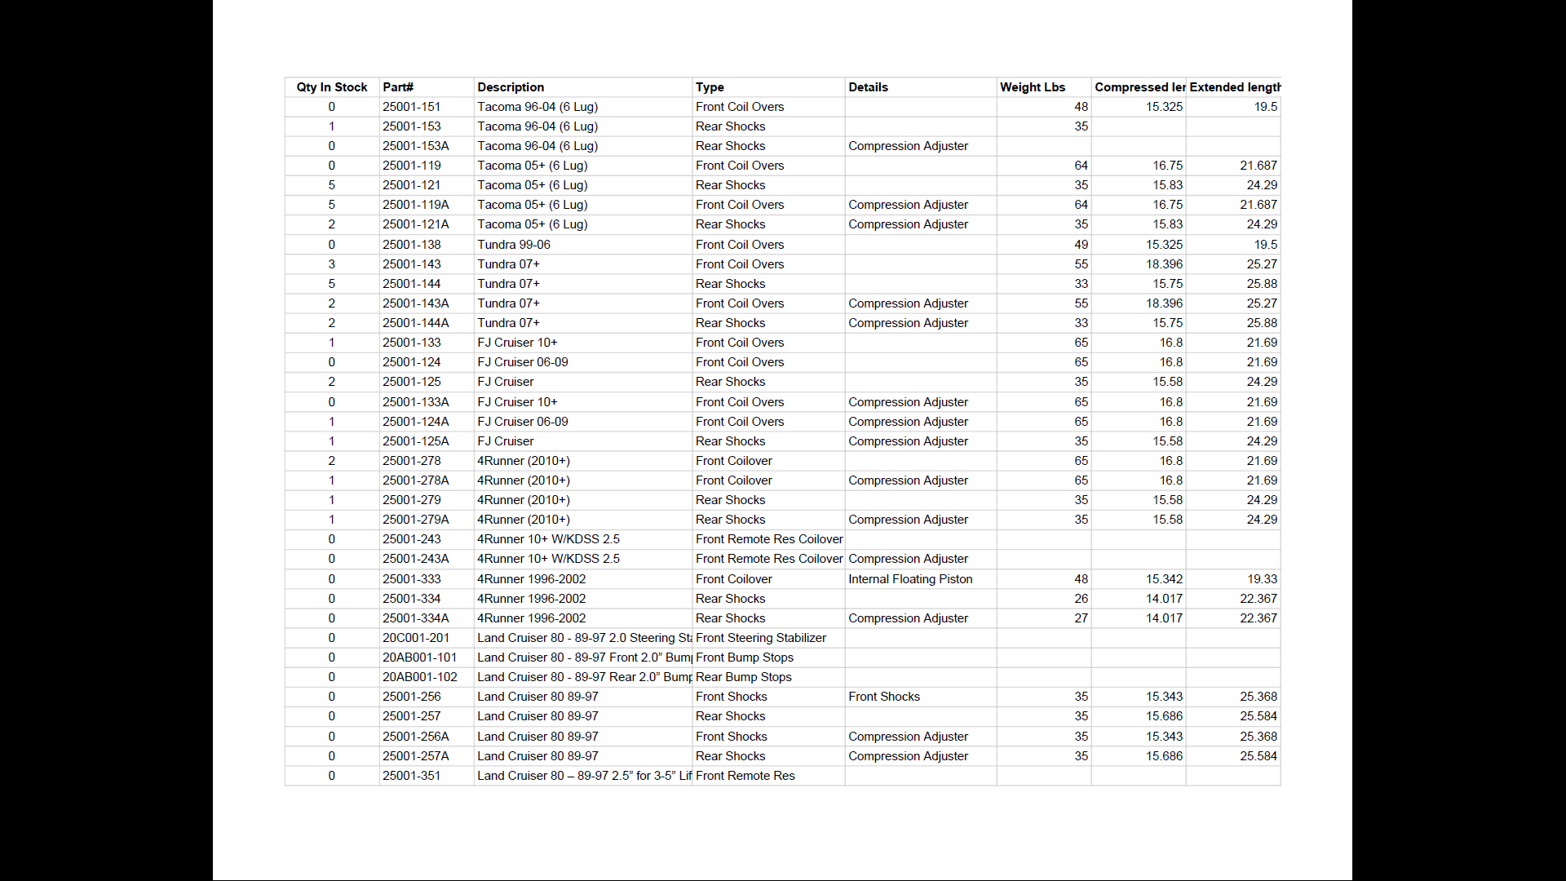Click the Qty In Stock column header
coord(332,87)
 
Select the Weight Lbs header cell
coord(1033,87)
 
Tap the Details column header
coord(868,87)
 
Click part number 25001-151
coord(411,107)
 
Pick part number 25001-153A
coord(415,146)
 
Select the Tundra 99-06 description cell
coord(514,245)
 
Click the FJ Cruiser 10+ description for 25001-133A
coord(517,402)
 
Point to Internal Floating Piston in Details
coord(910,579)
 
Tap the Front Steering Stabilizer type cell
coord(761,638)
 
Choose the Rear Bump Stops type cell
coord(744,677)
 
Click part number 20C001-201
coord(416,638)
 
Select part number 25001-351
coord(411,776)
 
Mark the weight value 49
coord(1081,245)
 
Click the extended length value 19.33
coord(1262,579)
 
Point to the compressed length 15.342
coord(1164,579)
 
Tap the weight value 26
coord(1081,599)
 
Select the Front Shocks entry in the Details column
coord(884,697)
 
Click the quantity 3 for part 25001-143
coord(331,264)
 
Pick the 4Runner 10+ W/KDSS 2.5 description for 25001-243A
coord(548,559)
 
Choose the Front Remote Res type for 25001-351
coord(745,776)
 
